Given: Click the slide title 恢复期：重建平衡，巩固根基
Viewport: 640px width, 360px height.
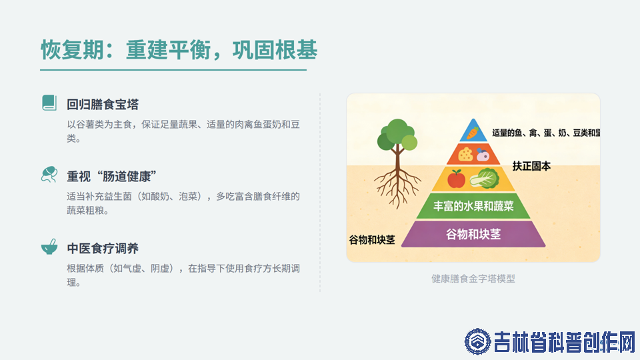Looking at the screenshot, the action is pos(179,50).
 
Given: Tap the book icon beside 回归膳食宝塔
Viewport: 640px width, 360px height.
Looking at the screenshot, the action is pos(49,103).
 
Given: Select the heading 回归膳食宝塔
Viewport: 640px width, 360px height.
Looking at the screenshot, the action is pos(103,105).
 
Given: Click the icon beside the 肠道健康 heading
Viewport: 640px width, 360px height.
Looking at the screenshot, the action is pos(49,174).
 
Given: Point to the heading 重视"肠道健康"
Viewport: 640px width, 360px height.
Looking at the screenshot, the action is pos(112,177).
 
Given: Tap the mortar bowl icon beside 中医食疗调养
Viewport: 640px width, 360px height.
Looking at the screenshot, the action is pos(49,247).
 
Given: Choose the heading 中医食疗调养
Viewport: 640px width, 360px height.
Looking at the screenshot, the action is pos(103,249).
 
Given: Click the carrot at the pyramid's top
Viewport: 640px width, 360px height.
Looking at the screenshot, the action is pos(473,133).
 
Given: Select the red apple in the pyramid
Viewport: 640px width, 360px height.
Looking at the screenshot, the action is pos(456,179).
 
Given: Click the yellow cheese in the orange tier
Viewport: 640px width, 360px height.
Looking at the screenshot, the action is pos(465,154).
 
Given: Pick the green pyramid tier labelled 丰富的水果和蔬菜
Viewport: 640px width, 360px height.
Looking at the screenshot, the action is pos(473,206).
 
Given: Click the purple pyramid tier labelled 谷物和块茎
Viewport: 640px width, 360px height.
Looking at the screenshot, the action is pos(473,234).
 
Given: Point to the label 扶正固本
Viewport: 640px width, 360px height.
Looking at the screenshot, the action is pos(531,166).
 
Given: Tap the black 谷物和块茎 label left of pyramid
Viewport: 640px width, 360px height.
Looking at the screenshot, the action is pos(372,240).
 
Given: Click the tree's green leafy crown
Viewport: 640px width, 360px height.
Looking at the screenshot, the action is pos(397,134).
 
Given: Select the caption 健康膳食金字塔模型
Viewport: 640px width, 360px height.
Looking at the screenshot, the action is pos(473,279).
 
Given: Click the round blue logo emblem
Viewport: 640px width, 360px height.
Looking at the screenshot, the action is pos(477,341).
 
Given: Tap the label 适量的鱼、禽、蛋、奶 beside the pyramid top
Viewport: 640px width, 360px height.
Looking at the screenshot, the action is pos(531,133).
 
